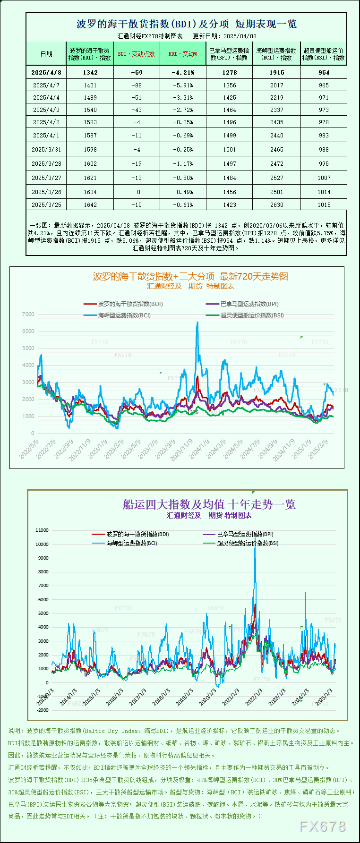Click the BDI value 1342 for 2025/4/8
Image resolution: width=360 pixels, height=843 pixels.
90,72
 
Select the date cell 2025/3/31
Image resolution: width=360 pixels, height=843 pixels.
46,149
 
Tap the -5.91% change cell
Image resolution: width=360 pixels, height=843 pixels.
183,85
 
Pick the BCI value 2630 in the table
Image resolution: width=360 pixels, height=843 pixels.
277,205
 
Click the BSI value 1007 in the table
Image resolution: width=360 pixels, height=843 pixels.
324,178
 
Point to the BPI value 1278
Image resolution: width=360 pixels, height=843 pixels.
230,72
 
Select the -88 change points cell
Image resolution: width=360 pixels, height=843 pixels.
137,85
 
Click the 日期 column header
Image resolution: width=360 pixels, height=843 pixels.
46,54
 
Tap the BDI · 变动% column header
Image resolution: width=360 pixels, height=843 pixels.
183,54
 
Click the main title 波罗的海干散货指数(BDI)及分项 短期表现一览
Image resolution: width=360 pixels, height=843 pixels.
187,24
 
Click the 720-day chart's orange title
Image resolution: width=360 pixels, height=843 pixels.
190,276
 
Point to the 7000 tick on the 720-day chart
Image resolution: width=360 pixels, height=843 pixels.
28,314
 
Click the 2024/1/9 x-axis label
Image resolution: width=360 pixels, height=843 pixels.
199,449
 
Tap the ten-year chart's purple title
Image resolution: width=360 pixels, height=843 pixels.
209,504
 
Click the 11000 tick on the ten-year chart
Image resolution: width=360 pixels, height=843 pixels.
42,530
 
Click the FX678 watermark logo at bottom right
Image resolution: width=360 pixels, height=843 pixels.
323,826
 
